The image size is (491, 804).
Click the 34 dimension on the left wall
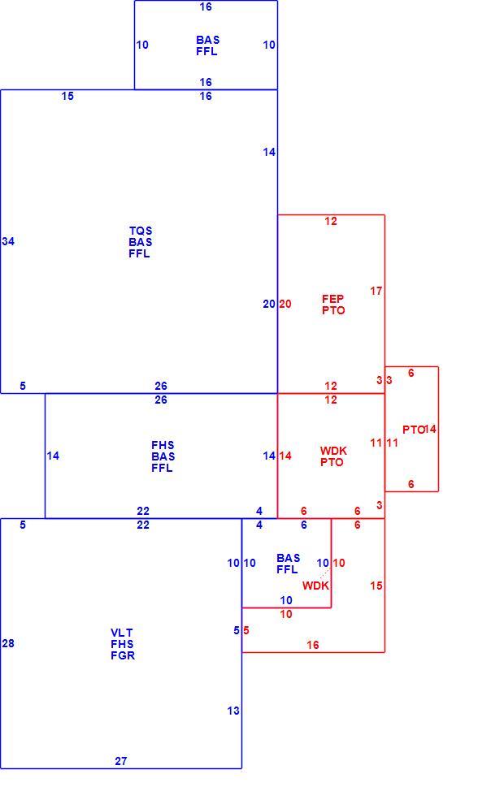(x=8, y=241)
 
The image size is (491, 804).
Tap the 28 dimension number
(x=8, y=643)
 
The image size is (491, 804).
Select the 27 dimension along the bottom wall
(x=121, y=761)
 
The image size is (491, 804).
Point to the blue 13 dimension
(x=233, y=711)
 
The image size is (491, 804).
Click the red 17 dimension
(x=376, y=291)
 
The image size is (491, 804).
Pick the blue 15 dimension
(x=67, y=96)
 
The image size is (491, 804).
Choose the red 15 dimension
(x=376, y=586)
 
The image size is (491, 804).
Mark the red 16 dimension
(x=313, y=645)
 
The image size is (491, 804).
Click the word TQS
(x=141, y=231)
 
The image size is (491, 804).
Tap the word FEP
(x=333, y=298)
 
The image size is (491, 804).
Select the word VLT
(x=122, y=633)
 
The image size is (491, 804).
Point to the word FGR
(x=123, y=655)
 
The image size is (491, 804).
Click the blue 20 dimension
(x=269, y=304)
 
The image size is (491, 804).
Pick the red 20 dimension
(x=285, y=304)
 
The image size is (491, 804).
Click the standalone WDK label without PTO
(x=315, y=586)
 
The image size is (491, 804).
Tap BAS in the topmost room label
(x=208, y=40)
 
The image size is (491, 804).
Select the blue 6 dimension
(x=304, y=525)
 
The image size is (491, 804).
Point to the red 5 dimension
(x=246, y=630)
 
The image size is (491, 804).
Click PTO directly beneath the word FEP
(x=333, y=310)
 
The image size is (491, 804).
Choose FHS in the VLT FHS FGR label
(x=122, y=644)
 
